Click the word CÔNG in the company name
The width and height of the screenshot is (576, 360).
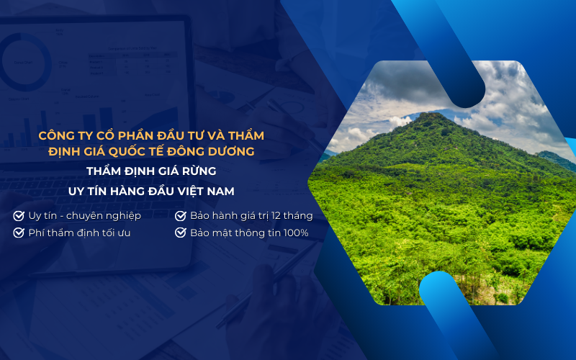pos(58,135)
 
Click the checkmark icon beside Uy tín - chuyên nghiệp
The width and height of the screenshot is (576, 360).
pos(18,216)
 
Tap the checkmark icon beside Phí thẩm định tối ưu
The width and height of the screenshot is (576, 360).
pos(18,233)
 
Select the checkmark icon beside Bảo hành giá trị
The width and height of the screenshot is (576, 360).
pos(181,216)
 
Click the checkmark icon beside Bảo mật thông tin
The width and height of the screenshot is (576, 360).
pos(181,233)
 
